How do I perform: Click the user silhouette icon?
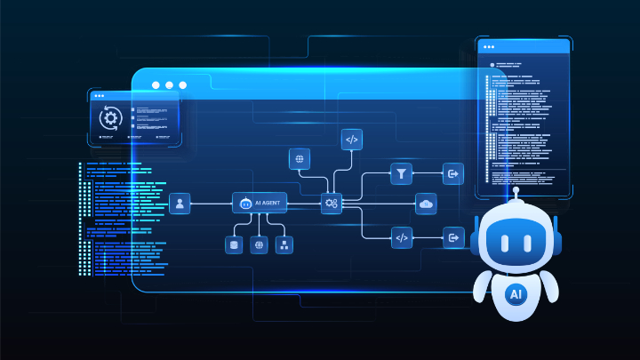pyautogui.click(x=180, y=204)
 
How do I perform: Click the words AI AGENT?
pyautogui.click(x=268, y=203)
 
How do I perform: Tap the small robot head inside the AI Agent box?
pyautogui.click(x=245, y=203)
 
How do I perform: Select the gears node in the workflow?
pyautogui.click(x=332, y=204)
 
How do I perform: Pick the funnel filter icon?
pyautogui.click(x=401, y=174)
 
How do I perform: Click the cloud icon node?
pyautogui.click(x=426, y=204)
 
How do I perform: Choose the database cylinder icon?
pyautogui.click(x=234, y=245)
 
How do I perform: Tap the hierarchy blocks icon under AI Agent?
pyautogui.click(x=284, y=245)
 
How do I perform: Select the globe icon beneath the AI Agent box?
pyautogui.click(x=259, y=245)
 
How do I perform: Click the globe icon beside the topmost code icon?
pyautogui.click(x=300, y=159)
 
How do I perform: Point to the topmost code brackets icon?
pyautogui.click(x=352, y=140)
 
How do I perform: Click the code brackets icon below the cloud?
pyautogui.click(x=402, y=237)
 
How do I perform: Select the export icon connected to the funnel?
pyautogui.click(x=453, y=174)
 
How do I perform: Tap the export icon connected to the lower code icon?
pyautogui.click(x=453, y=237)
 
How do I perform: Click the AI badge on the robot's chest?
pyautogui.click(x=516, y=294)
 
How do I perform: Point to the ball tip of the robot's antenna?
pyautogui.click(x=516, y=190)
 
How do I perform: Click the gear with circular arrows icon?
pyautogui.click(x=110, y=118)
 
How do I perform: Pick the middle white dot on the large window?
pyautogui.click(x=170, y=85)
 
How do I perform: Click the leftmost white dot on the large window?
pyautogui.click(x=156, y=85)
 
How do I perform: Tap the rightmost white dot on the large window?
pyautogui.click(x=183, y=85)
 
